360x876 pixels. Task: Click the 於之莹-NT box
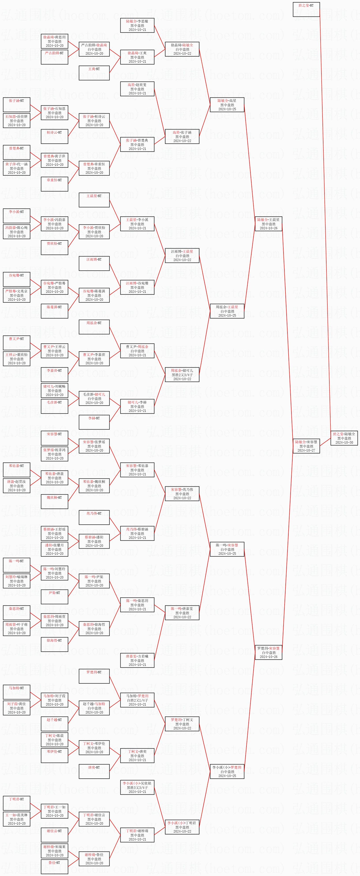[x=306, y=9]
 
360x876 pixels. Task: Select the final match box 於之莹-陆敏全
[x=344, y=438]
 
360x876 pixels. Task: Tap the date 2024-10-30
[x=344, y=443]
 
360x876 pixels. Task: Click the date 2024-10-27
[x=306, y=450]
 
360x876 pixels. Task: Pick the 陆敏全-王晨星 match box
[x=268, y=224]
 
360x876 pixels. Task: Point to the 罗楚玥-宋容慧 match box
[x=268, y=652]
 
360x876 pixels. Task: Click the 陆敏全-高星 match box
[x=227, y=105]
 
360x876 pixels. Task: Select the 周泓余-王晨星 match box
[x=227, y=311]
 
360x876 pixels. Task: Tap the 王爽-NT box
[x=94, y=73]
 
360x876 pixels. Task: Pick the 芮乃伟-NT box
[x=94, y=517]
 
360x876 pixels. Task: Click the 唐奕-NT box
[x=94, y=771]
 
